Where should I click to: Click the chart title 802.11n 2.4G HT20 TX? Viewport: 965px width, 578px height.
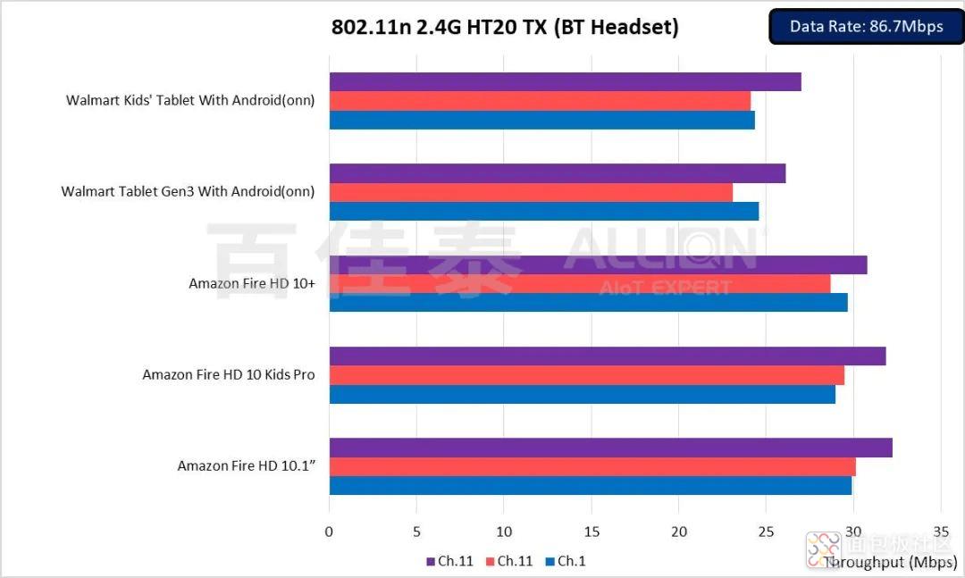click(505, 28)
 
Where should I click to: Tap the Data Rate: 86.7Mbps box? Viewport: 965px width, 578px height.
click(866, 27)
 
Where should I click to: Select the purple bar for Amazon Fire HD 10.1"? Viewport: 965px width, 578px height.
click(610, 448)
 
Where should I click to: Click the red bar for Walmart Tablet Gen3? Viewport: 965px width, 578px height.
click(531, 192)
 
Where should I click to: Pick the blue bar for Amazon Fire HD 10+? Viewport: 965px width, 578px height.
click(588, 303)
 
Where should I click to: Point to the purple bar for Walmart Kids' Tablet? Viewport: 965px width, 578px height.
click(565, 82)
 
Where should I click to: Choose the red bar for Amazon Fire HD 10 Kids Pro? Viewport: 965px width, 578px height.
click(586, 375)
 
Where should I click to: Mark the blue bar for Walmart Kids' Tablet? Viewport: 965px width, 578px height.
click(541, 120)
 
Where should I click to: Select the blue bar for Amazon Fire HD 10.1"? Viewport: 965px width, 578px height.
click(590, 485)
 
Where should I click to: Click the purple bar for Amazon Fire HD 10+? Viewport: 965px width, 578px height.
click(598, 265)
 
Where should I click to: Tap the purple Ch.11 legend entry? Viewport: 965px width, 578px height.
click(450, 561)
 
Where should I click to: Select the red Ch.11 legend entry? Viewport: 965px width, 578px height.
click(510, 561)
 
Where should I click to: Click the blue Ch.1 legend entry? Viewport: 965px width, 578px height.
click(566, 561)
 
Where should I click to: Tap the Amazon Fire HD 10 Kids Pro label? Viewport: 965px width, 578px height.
click(229, 375)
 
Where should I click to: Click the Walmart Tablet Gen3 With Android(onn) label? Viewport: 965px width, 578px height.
click(188, 191)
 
